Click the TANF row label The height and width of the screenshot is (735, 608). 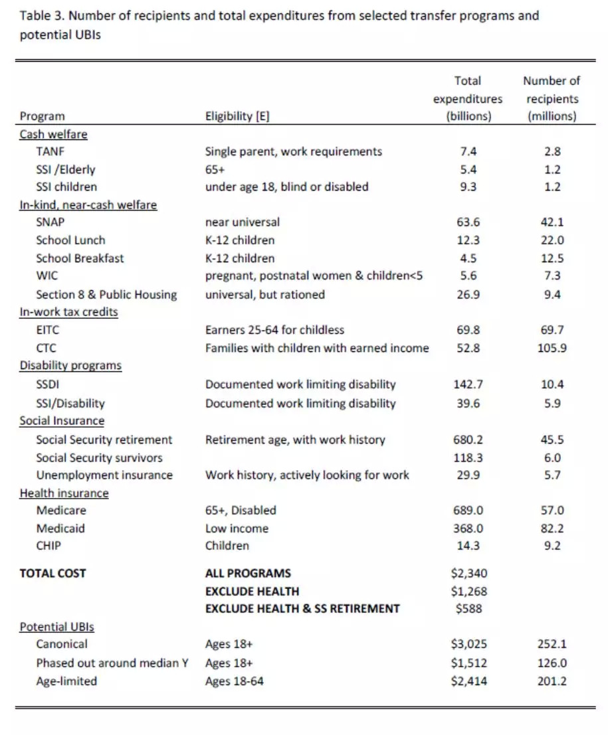point(50,151)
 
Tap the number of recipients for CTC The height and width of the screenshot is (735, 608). point(552,348)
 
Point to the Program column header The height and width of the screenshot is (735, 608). point(43,116)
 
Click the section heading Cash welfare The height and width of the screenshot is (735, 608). point(53,134)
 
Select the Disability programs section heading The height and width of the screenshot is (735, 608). point(70,366)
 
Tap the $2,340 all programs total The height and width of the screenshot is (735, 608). point(468,573)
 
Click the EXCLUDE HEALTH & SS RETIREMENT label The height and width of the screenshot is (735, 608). point(302,609)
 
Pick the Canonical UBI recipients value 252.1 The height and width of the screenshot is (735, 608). point(552,644)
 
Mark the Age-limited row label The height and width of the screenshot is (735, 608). point(66,681)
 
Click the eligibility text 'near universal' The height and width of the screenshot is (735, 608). point(243,222)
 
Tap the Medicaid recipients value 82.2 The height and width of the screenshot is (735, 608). point(552,529)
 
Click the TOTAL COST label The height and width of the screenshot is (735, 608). point(53,573)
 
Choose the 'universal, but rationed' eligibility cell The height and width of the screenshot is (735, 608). point(265,294)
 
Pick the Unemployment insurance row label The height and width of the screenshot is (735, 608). point(104,475)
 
